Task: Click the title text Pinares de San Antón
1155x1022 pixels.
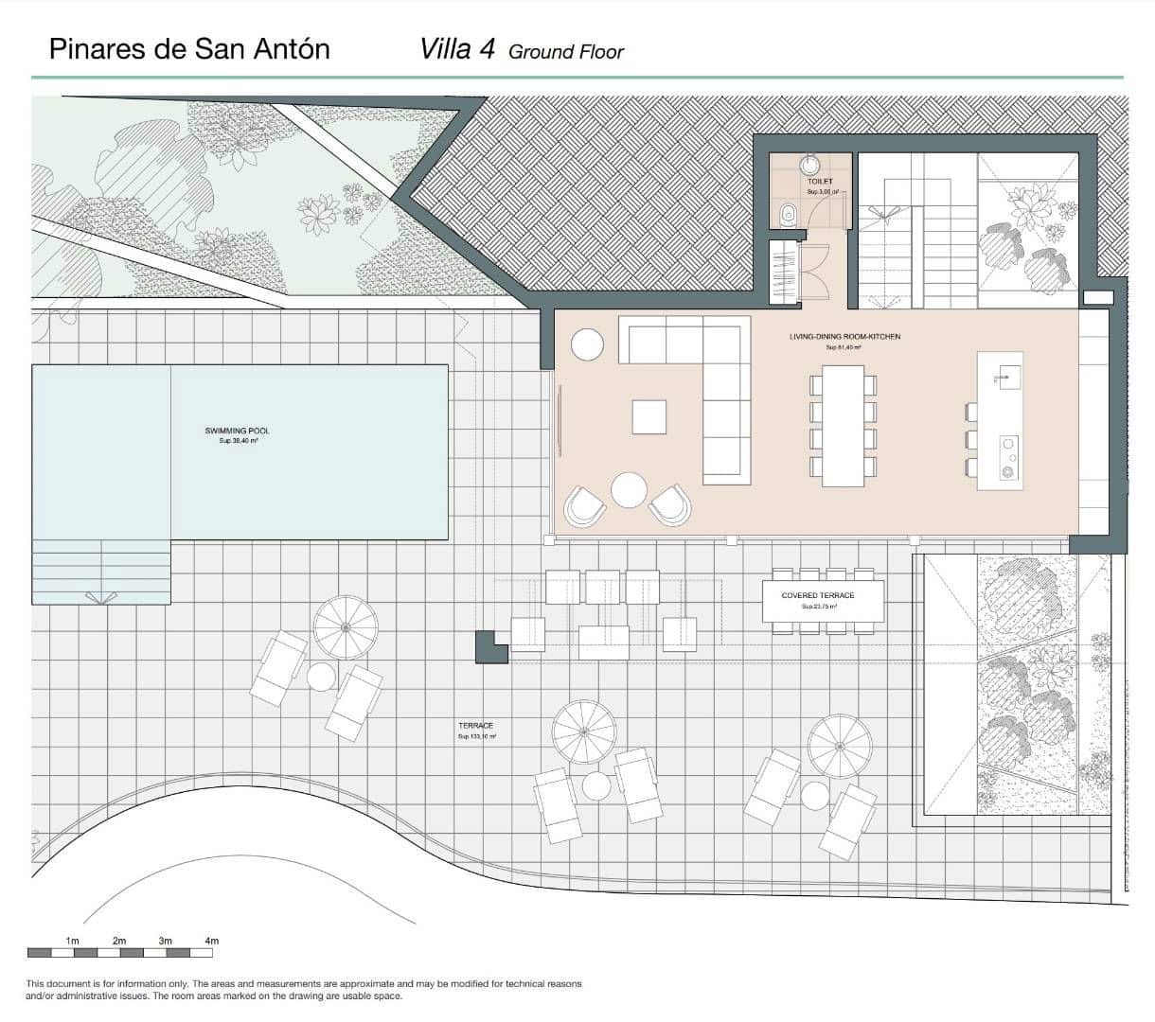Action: pyautogui.click(x=189, y=48)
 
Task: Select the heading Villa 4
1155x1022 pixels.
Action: pyautogui.click(x=457, y=49)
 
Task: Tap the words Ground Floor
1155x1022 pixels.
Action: pyautogui.click(x=566, y=52)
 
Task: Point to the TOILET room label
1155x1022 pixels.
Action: pyautogui.click(x=820, y=181)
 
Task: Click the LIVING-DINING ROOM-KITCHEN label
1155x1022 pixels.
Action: pyautogui.click(x=844, y=337)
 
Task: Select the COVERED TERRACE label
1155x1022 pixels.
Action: pyautogui.click(x=818, y=595)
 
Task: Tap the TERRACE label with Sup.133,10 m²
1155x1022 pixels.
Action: pyautogui.click(x=475, y=726)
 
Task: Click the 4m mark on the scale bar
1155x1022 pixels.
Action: pyautogui.click(x=212, y=941)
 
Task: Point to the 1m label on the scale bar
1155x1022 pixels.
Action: pyautogui.click(x=73, y=941)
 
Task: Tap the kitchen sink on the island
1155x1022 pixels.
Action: pyautogui.click(x=1004, y=377)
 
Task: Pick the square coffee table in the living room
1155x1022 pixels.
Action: pyautogui.click(x=649, y=417)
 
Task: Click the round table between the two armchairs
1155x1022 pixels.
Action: pyautogui.click(x=629, y=490)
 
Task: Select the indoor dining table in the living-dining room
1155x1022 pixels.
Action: pyautogui.click(x=844, y=426)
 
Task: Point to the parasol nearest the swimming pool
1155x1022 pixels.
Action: pyautogui.click(x=346, y=627)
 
